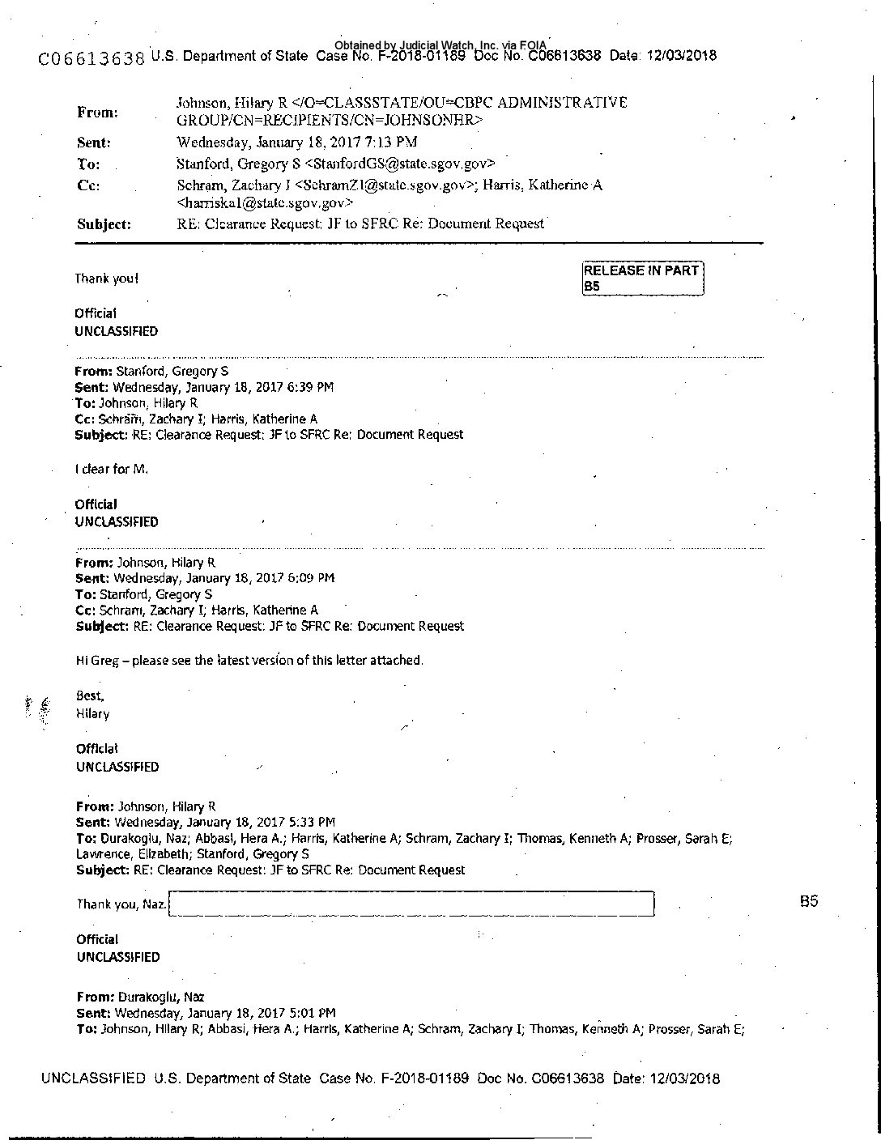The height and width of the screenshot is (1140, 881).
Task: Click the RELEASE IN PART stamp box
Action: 642,278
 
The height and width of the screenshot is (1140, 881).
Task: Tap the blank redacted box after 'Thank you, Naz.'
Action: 412,904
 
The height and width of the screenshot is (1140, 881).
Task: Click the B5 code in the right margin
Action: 808,900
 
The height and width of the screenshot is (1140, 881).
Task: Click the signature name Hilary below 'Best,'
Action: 92,713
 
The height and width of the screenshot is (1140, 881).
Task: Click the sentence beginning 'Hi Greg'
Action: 249,660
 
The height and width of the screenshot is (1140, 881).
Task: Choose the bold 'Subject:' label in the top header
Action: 104,225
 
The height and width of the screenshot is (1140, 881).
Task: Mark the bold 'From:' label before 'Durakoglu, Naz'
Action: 95,997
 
